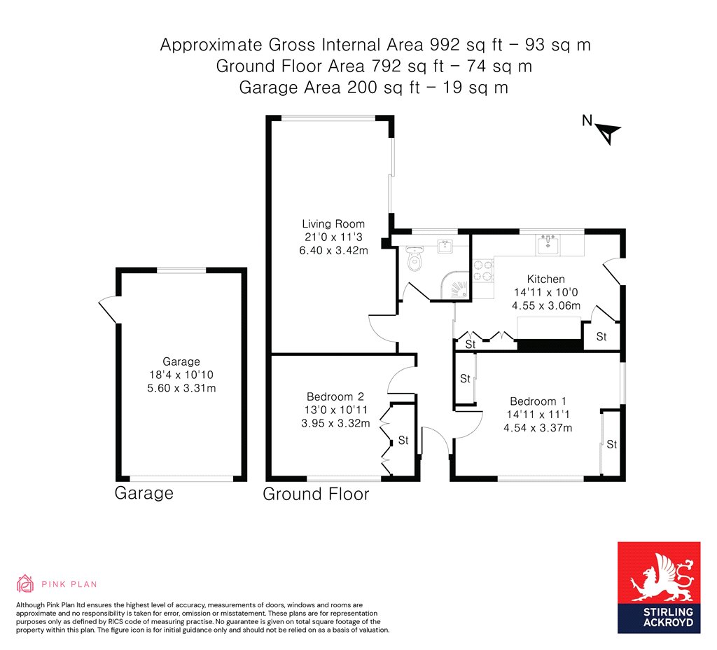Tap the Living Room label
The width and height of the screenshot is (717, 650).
point(333,224)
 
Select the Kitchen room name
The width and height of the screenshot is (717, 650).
point(545,279)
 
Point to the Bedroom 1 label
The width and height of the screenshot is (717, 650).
point(538,401)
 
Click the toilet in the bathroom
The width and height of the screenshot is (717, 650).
point(415,261)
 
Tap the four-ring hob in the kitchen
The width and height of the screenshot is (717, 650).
point(483,270)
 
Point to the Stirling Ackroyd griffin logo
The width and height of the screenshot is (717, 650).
point(659,577)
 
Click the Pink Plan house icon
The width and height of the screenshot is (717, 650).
point(25,583)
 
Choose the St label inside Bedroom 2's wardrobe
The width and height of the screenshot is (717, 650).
point(403,441)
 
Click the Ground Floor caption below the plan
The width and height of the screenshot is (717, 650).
point(316,494)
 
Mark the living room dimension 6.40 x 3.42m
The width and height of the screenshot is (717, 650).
point(333,250)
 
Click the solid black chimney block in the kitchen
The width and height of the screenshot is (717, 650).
point(550,344)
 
